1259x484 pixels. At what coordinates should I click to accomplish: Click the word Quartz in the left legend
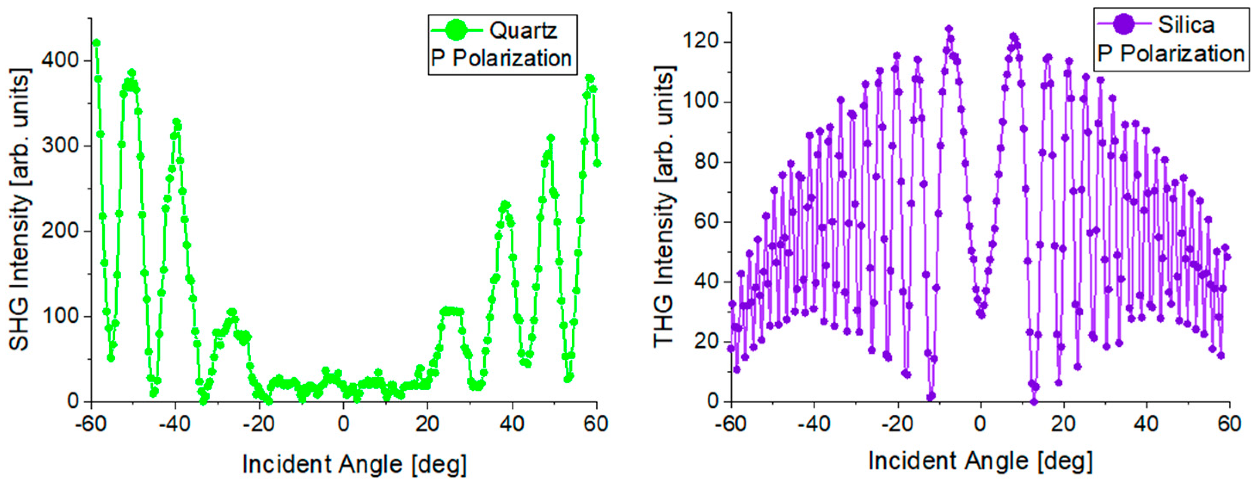point(523,31)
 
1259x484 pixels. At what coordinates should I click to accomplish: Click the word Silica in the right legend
point(1186,25)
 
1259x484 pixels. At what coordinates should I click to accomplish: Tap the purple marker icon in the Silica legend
point(1123,24)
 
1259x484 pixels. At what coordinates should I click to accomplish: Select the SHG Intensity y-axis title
point(19,209)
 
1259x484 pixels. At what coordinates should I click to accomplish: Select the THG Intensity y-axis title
point(664,207)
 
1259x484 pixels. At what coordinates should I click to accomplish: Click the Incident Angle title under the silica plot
point(980,461)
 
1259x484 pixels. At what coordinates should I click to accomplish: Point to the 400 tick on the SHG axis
point(60,61)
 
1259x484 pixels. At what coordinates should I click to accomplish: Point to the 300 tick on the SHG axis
point(60,146)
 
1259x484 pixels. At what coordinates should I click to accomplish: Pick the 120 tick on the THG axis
point(700,42)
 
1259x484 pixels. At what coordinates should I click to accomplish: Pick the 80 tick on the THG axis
point(706,162)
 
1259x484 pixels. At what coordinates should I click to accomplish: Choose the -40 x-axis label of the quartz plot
point(175,423)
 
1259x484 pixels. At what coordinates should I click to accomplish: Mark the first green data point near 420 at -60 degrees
point(96,43)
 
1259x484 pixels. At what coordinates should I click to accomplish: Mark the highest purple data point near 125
point(949,29)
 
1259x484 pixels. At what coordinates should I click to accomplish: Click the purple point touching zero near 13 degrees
point(1034,402)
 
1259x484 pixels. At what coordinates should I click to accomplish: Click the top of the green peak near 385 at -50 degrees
point(132,73)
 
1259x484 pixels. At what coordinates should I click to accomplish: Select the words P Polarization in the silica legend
point(1170,54)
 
